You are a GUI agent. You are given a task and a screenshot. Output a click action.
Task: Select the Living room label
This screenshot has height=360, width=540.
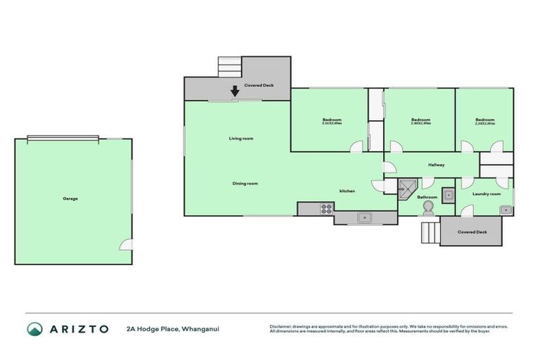click(x=240, y=139)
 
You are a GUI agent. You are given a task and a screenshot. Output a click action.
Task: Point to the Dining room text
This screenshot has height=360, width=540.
click(x=245, y=184)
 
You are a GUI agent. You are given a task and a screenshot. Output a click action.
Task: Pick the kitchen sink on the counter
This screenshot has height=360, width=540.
click(x=364, y=218)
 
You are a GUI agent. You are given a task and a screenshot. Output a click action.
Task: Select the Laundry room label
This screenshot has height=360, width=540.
click(x=486, y=194)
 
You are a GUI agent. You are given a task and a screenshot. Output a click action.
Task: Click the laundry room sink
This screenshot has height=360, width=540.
click(x=506, y=210)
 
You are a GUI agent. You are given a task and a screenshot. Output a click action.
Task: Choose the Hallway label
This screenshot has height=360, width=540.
click(x=436, y=165)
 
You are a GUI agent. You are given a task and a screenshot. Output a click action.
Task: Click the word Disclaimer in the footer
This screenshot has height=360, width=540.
click(x=282, y=326)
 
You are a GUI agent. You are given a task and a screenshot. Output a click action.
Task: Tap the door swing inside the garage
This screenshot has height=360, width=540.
click(x=125, y=245)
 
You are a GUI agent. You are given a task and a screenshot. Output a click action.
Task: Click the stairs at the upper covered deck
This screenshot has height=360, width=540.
click(x=229, y=67)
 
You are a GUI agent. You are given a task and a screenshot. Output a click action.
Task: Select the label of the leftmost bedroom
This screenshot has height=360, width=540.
click(x=332, y=120)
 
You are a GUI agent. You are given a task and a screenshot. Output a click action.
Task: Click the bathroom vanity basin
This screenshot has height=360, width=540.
click(x=447, y=194)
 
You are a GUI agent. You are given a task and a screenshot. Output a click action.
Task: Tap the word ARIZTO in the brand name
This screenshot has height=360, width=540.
click(x=79, y=329)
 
